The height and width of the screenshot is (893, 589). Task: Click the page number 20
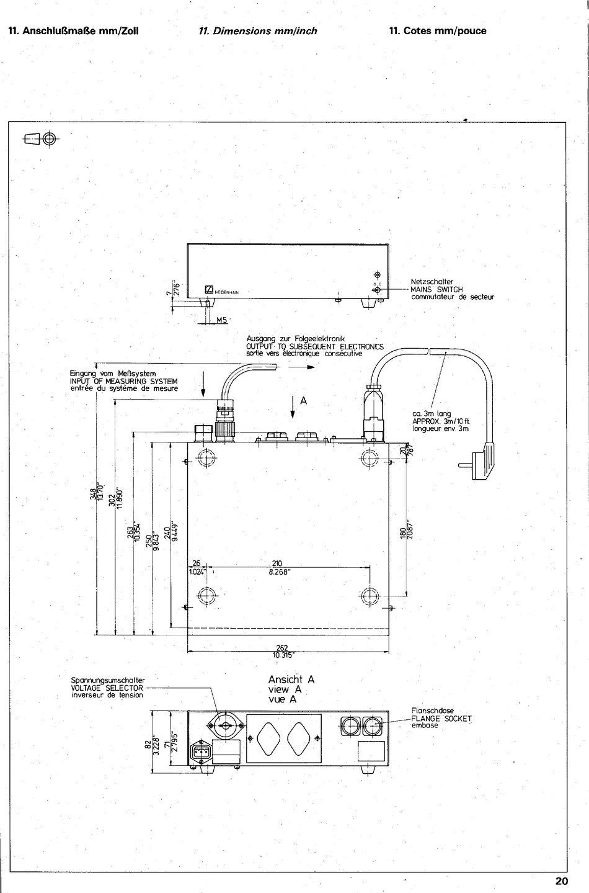pos(561,881)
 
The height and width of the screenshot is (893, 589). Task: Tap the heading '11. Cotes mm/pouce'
pos(438,30)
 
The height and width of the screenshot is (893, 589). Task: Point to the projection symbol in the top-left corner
pos(40,139)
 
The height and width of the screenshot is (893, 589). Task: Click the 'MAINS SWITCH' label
pos(436,289)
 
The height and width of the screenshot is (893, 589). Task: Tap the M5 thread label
pos(222,320)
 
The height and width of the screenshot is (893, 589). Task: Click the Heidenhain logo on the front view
pos(210,290)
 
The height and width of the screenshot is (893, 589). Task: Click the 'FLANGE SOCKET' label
pos(441,719)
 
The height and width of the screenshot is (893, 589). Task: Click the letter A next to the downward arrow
pos(303,401)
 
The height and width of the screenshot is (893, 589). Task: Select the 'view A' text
pos(285,689)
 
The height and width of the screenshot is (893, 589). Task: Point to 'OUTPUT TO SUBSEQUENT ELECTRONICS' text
pos(315,346)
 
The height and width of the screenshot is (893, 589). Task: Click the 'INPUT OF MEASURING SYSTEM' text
pos(124,381)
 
